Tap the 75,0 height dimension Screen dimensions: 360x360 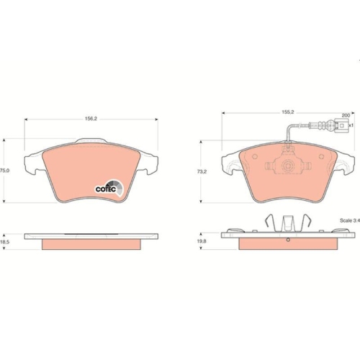click(x=4, y=171)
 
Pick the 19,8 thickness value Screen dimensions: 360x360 click(x=202, y=243)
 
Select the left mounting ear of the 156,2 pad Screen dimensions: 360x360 click(x=32, y=164)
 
